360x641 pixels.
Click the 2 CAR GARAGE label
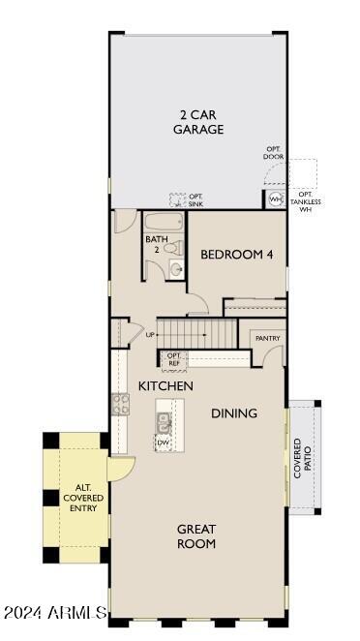click(198, 121)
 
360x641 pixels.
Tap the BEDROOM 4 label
click(237, 255)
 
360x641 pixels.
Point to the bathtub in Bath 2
click(164, 222)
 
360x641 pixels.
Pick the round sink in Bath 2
click(175, 268)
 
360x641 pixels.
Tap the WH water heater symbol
click(275, 199)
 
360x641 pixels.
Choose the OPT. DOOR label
click(275, 154)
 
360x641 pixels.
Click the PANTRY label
click(266, 338)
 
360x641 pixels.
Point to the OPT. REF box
click(174, 359)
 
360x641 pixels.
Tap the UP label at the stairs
click(151, 335)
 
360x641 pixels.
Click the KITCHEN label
click(165, 385)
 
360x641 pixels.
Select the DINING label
click(234, 413)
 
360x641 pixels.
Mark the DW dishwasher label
click(164, 443)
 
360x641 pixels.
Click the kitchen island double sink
click(164, 422)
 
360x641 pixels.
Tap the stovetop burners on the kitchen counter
click(120, 405)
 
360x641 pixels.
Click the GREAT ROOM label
click(196, 536)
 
